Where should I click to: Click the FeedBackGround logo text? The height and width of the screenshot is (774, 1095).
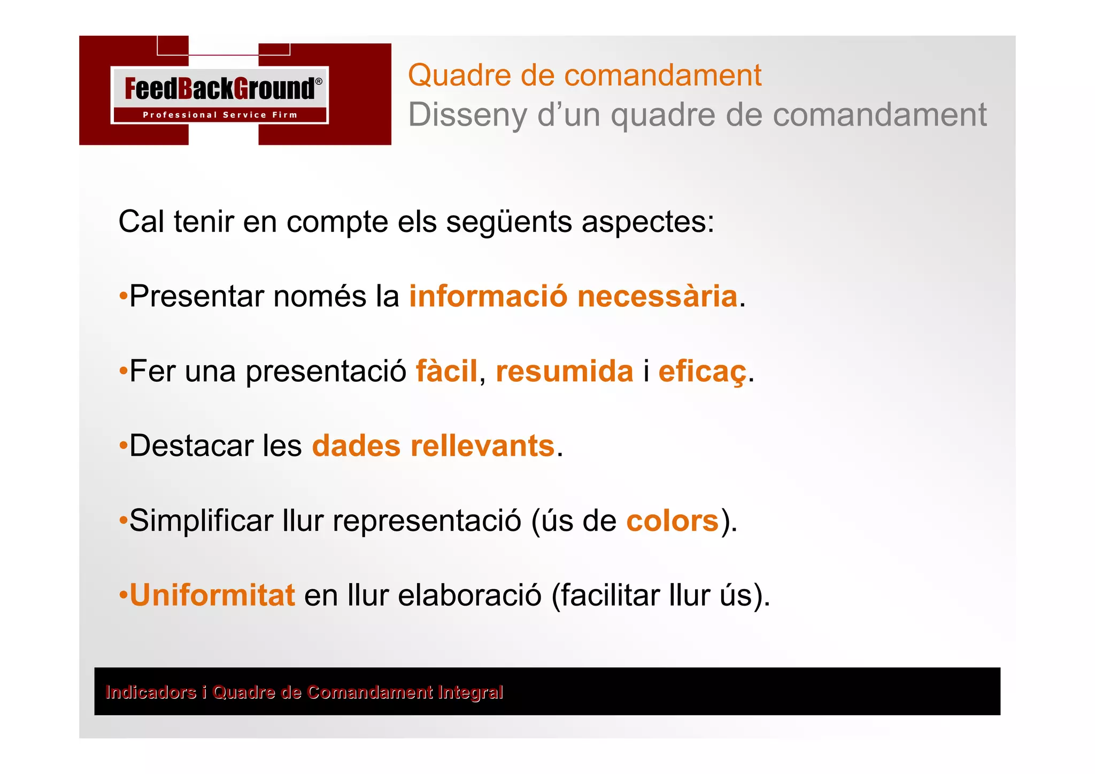(219, 89)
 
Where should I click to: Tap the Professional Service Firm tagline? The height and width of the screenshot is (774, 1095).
(220, 115)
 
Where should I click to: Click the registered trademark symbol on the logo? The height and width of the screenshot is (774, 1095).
(319, 82)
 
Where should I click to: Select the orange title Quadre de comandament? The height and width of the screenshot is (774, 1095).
(584, 75)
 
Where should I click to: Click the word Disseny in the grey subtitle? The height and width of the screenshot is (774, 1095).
(467, 115)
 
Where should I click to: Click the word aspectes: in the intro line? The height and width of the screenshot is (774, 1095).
(647, 222)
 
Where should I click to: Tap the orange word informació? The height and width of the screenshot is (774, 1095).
(488, 296)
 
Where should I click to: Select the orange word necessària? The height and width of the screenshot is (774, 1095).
(657, 296)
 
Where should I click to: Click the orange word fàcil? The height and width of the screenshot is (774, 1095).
(446, 371)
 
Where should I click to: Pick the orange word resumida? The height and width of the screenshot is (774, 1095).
(564, 371)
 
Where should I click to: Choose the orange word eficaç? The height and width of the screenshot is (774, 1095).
(702, 372)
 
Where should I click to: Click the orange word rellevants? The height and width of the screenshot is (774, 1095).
(482, 446)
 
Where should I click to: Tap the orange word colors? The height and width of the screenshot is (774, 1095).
(672, 521)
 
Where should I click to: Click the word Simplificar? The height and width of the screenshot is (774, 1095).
(201, 521)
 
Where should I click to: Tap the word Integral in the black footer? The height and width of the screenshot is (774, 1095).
(470, 692)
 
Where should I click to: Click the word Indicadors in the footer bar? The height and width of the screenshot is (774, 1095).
(151, 692)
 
